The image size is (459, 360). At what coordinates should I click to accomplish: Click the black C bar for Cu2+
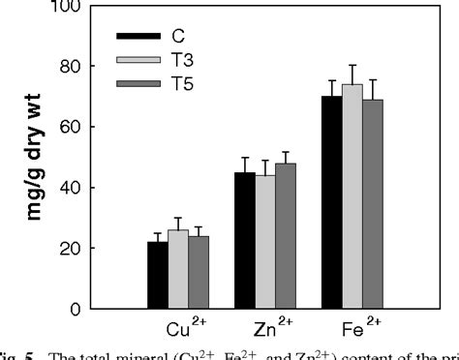pyautogui.click(x=157, y=275)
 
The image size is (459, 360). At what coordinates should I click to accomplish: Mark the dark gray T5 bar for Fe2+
pyautogui.click(x=373, y=204)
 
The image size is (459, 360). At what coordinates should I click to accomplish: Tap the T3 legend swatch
pyautogui.click(x=135, y=61)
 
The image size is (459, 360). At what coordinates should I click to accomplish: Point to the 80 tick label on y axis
pyautogui.click(x=85, y=66)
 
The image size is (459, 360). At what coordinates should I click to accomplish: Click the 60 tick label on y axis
pyautogui.click(x=85, y=127)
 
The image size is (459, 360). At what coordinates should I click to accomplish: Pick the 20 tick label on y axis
pyautogui.click(x=85, y=249)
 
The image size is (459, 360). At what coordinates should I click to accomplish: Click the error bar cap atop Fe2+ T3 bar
pyautogui.click(x=352, y=65)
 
